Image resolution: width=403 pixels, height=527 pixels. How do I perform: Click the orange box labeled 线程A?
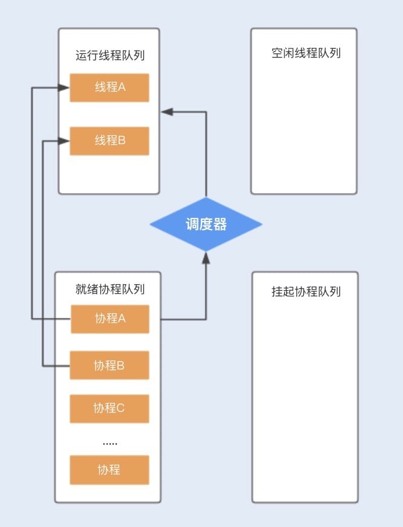pyautogui.click(x=110, y=88)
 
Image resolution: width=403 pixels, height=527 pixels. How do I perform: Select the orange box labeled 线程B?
pyautogui.click(x=110, y=141)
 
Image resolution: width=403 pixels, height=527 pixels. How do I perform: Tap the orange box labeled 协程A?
pyautogui.click(x=110, y=319)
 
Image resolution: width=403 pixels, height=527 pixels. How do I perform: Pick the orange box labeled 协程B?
pyautogui.click(x=110, y=365)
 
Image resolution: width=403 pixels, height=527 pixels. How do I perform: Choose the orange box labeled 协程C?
pyautogui.click(x=110, y=408)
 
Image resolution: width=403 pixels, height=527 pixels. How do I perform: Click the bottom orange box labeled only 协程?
pyautogui.click(x=110, y=470)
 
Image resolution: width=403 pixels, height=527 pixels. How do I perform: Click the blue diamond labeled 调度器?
pyautogui.click(x=206, y=224)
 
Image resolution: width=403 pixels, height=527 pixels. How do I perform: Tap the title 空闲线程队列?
pyautogui.click(x=306, y=53)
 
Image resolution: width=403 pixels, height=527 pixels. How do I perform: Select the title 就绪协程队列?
pyautogui.click(x=110, y=290)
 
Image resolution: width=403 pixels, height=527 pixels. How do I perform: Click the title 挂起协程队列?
pyautogui.click(x=306, y=292)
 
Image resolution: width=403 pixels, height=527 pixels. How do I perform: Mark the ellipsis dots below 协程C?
pyautogui.click(x=110, y=443)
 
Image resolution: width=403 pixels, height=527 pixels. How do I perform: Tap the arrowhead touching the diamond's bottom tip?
pyautogui.click(x=206, y=257)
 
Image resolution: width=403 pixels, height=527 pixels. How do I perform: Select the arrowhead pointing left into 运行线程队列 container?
pyautogui.click(x=166, y=111)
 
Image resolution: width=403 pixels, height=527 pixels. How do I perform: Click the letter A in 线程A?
pyautogui.click(x=122, y=87)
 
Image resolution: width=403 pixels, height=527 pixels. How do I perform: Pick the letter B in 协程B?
pyautogui.click(x=120, y=365)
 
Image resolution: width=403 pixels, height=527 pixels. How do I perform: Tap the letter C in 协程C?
pyautogui.click(x=120, y=408)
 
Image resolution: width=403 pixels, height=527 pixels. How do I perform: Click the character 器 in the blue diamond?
pyautogui.click(x=220, y=225)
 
